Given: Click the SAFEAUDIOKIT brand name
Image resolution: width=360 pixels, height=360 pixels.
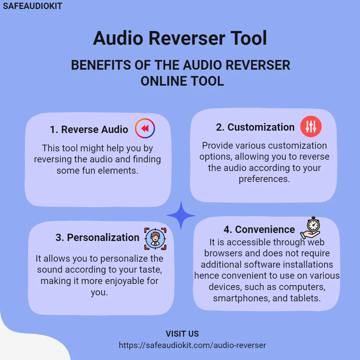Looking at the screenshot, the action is click(32, 6).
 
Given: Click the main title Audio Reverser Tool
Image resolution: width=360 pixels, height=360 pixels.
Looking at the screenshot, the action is click(180, 38).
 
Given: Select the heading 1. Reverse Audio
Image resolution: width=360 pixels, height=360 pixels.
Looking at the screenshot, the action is click(89, 129).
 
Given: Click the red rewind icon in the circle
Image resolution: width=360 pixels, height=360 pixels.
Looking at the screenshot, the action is click(145, 128).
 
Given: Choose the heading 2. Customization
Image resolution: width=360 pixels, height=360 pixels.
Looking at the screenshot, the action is click(255, 127).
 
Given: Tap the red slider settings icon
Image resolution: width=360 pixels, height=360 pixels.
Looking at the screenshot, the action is click(311, 127).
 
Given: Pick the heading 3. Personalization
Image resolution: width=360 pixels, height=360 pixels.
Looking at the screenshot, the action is click(97, 237).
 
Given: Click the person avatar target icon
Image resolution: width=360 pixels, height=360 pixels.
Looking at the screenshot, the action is click(155, 239).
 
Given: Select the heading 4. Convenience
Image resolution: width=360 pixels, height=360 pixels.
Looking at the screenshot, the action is click(259, 229).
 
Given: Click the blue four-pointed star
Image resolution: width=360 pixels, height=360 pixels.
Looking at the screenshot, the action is click(181, 215).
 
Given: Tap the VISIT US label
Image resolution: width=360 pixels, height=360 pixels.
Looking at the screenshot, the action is click(182, 334).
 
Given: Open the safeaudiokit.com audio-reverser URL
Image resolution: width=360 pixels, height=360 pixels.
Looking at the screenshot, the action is click(192, 345).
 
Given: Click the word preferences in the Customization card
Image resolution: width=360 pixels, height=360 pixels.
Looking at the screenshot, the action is click(264, 179).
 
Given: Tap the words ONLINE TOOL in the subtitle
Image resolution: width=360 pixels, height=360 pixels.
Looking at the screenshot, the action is click(182, 81).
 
